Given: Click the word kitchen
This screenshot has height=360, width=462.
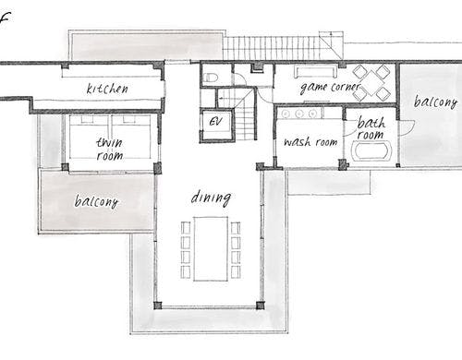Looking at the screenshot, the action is click(107, 89).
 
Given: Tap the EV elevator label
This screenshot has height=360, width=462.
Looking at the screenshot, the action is click(215, 121).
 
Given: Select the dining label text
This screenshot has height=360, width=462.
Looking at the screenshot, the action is click(211, 198).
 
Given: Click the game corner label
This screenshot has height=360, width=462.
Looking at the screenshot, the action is click(330, 88).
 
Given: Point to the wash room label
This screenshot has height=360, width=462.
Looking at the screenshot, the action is click(310, 142).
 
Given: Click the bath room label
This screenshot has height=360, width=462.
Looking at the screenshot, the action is click(371, 128).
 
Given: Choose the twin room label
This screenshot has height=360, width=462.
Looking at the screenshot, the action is click(110, 150).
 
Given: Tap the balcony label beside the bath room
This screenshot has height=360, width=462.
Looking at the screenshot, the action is click(435, 102).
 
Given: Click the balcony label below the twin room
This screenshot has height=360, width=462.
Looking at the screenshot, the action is click(96, 201).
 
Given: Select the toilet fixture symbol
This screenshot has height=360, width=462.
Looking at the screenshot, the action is click(212, 78).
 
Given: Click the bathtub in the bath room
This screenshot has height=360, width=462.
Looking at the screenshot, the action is click(371, 150).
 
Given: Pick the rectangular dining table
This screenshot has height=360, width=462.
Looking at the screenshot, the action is click(211, 248).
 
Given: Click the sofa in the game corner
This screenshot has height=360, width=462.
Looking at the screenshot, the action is click(316, 71).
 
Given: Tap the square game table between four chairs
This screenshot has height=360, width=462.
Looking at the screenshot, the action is click(371, 82).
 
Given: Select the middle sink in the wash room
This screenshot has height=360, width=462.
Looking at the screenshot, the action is click(299, 114).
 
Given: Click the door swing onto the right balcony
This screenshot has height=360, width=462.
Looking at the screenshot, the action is click(407, 127).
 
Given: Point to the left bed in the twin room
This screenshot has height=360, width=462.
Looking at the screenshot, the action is click(90, 137).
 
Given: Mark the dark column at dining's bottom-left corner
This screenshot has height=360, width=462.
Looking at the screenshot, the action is click(157, 306).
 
